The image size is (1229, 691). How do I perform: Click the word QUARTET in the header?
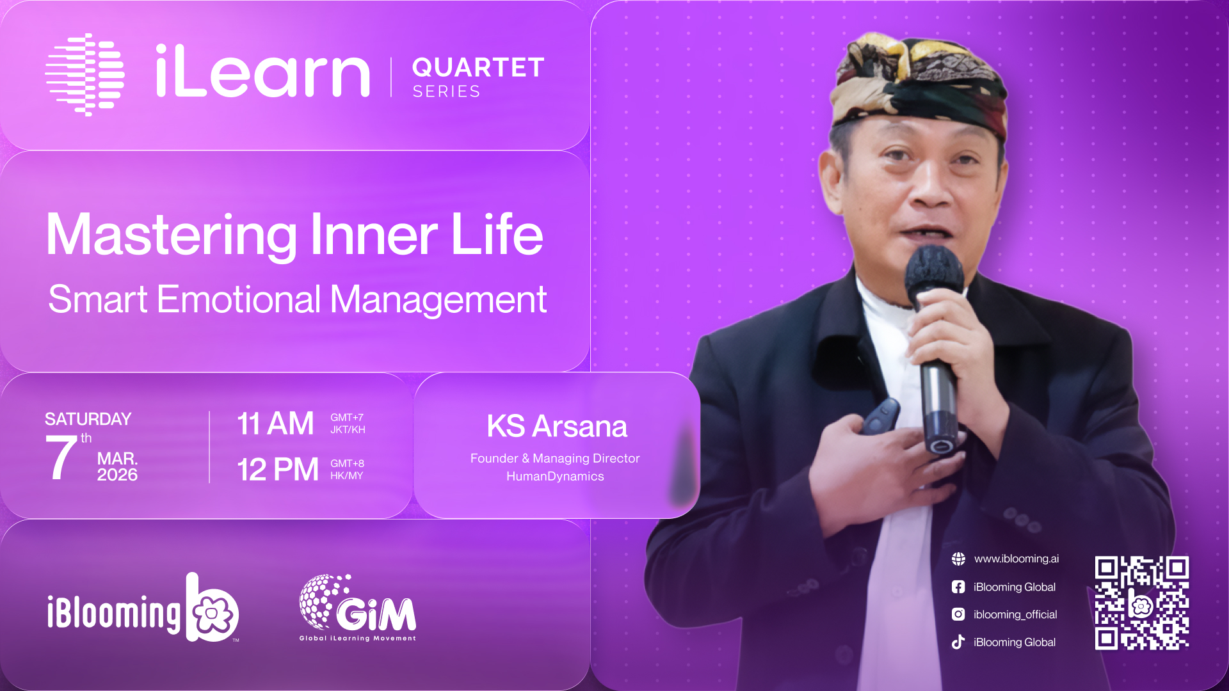coord(478,67)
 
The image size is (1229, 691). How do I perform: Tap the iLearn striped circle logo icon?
coord(84,74)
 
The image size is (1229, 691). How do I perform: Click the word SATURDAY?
coord(88,419)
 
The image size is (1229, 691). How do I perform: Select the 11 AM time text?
coord(275,424)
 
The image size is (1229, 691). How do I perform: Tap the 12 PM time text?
coord(278,470)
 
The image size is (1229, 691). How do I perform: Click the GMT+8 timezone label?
coord(347,463)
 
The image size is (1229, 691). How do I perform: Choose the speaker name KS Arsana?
coord(556,426)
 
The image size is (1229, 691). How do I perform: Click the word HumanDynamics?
coord(555,476)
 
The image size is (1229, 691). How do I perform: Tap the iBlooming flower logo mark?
coord(213,607)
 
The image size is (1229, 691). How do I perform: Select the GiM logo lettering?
coord(376,614)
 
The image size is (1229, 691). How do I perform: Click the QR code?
coord(1142,603)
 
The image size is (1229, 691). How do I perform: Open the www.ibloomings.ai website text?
coord(1016,559)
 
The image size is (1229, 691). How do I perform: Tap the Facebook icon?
coord(958,587)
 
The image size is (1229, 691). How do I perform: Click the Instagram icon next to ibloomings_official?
coord(958,614)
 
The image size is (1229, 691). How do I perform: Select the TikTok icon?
coord(958,642)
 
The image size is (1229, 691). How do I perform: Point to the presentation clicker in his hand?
coord(881,417)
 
